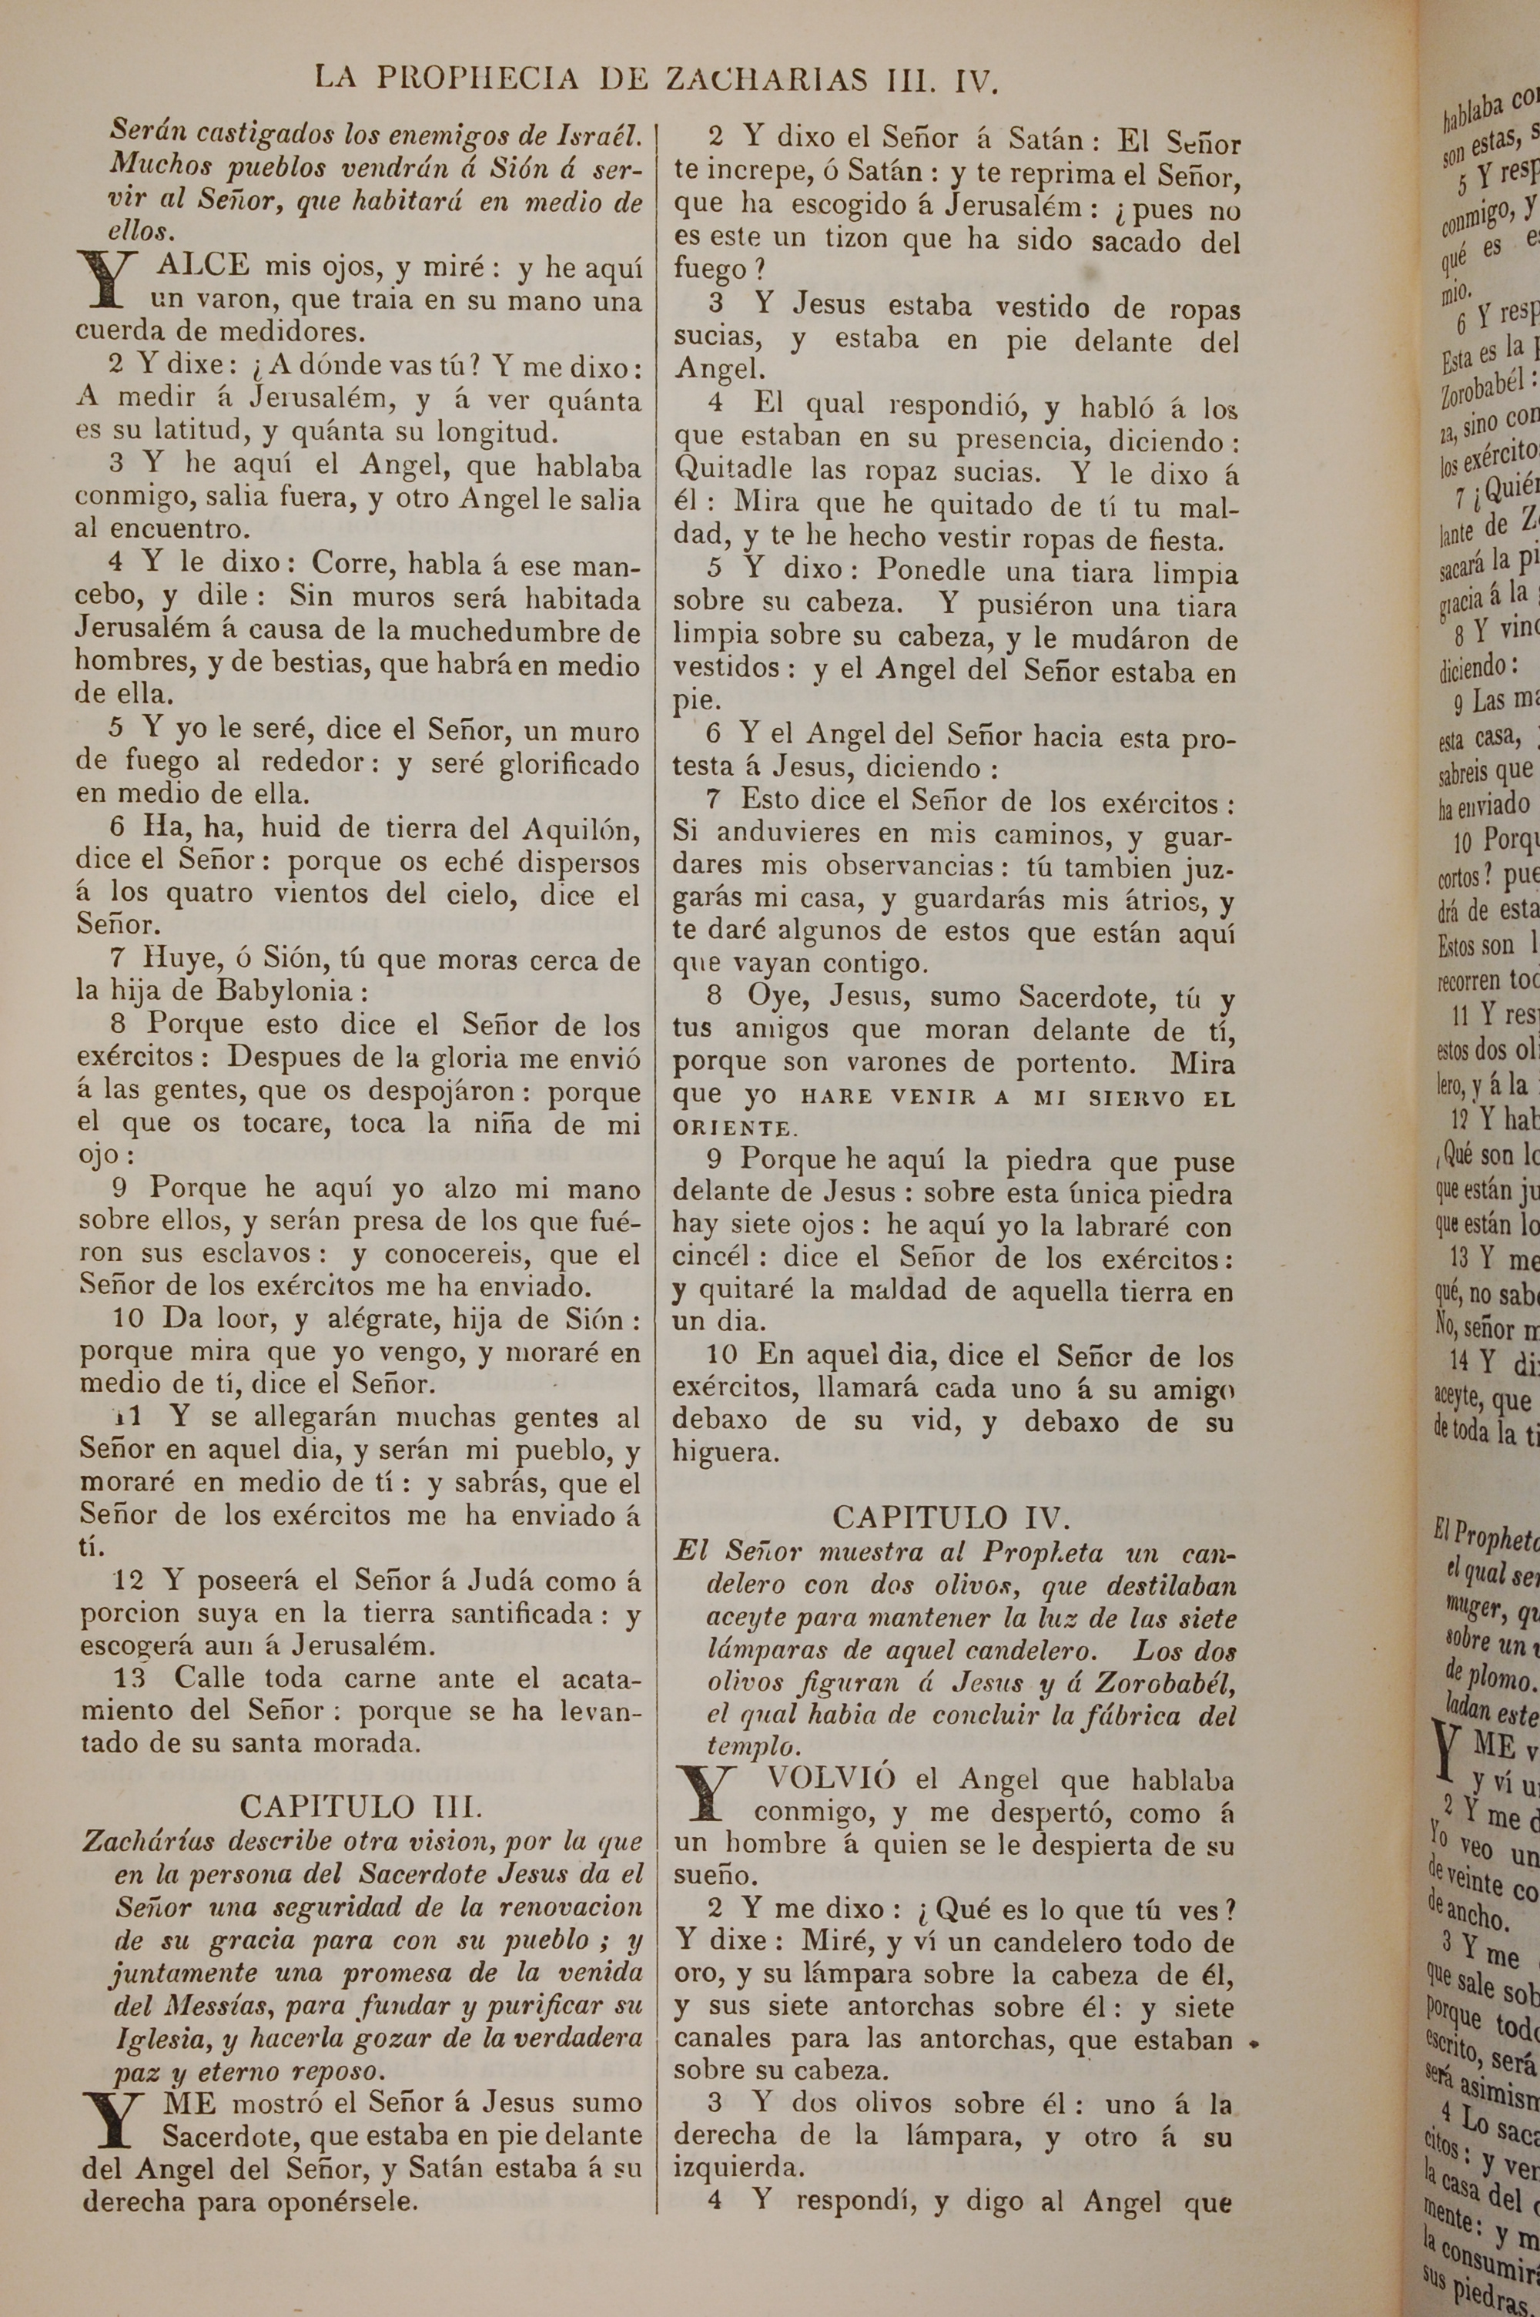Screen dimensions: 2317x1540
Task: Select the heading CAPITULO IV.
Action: click(x=949, y=1517)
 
